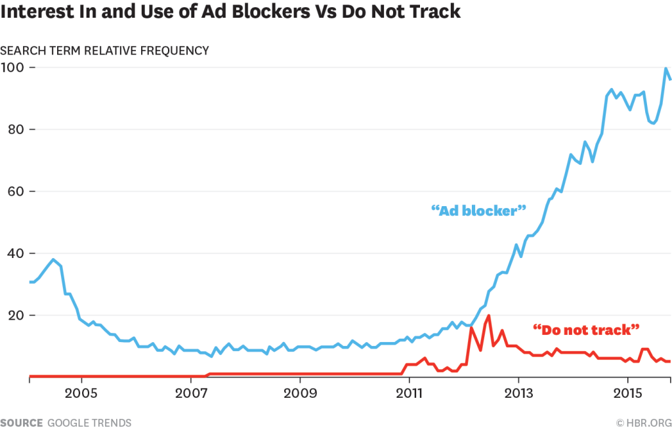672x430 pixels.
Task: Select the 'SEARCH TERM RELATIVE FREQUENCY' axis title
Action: pyautogui.click(x=105, y=51)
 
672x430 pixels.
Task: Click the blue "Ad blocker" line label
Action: pyautogui.click(x=479, y=211)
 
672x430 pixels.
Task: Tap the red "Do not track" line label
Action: pyautogui.click(x=586, y=328)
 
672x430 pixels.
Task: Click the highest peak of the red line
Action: pyautogui.click(x=489, y=316)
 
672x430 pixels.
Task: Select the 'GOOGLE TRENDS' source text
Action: pyautogui.click(x=90, y=423)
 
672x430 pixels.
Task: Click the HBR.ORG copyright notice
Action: pyautogui.click(x=643, y=423)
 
